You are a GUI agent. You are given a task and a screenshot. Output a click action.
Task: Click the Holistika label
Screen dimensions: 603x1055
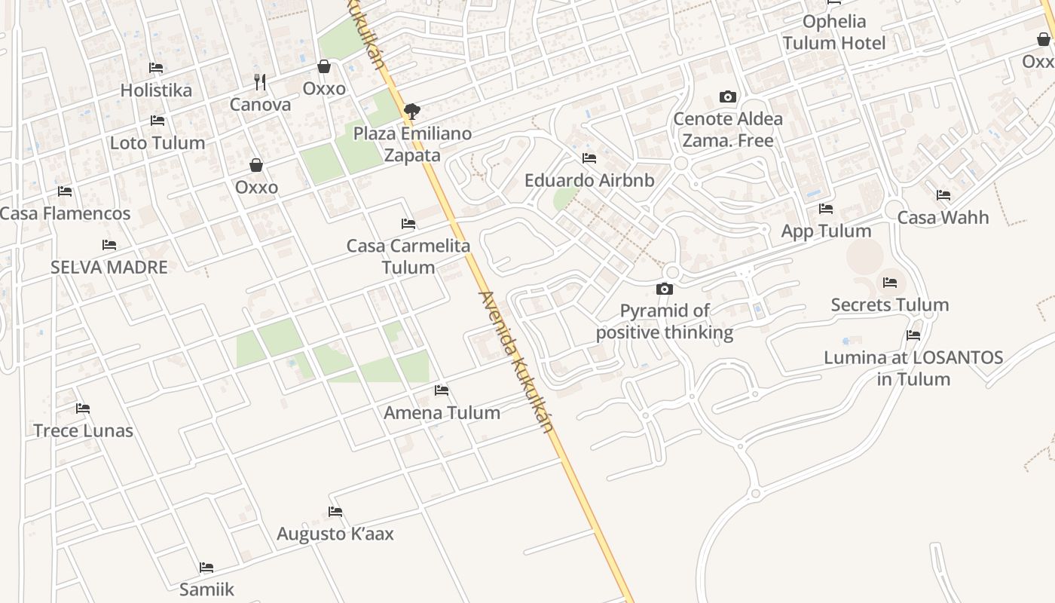coord(156,90)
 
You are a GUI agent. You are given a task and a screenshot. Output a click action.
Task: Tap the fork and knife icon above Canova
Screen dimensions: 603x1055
coord(260,81)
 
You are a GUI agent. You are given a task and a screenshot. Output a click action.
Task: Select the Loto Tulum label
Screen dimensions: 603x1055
coord(157,143)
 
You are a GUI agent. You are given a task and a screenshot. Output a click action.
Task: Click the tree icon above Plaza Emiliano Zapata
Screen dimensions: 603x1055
coord(411,112)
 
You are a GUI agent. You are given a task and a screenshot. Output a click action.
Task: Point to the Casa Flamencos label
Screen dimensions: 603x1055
coord(65,214)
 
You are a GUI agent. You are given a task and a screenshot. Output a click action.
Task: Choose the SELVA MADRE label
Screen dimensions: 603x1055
coord(109,267)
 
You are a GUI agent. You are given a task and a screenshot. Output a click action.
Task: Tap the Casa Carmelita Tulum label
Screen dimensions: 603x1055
coord(408,256)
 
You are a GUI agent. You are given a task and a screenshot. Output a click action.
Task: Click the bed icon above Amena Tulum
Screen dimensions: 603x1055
coord(442,390)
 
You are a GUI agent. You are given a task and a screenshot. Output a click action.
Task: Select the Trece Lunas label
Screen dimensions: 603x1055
coord(83,431)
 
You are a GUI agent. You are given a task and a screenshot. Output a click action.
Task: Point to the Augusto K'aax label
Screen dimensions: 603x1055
coord(335,534)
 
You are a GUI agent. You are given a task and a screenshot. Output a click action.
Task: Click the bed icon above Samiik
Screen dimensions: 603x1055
coord(206,568)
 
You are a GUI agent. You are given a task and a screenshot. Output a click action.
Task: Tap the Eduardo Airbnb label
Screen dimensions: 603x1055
coord(589,181)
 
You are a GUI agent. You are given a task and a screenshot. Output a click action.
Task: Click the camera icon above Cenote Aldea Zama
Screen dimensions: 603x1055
coord(727,96)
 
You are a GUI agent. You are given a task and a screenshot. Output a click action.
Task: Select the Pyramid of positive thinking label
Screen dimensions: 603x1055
coord(665,322)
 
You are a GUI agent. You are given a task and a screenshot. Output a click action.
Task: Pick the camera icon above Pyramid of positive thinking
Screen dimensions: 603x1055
coord(664,289)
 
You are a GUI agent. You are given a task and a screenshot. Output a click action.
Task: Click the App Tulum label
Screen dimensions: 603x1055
coord(826,231)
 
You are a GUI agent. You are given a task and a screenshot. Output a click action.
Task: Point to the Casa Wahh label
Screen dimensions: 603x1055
coord(943,218)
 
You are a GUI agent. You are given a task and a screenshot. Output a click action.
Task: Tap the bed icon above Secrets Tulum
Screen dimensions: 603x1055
coord(890,283)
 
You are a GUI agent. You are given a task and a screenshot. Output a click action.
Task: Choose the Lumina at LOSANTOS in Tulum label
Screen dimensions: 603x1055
coord(913,368)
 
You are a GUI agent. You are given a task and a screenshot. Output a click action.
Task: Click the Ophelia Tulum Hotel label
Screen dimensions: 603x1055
coord(834,32)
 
